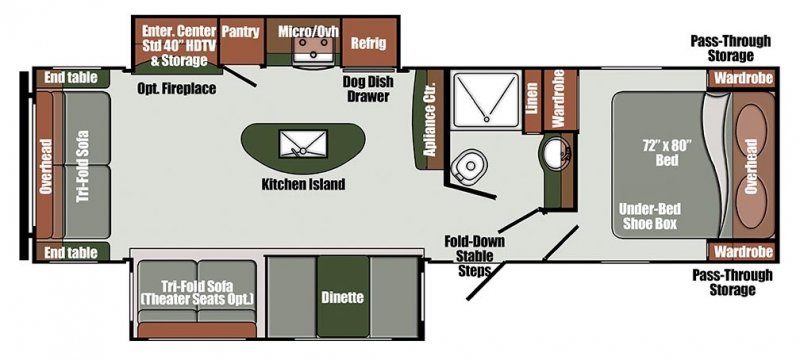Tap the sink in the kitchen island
[298, 143]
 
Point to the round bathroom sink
[553, 153]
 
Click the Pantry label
[240, 32]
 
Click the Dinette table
[343, 297]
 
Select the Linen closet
[533, 101]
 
